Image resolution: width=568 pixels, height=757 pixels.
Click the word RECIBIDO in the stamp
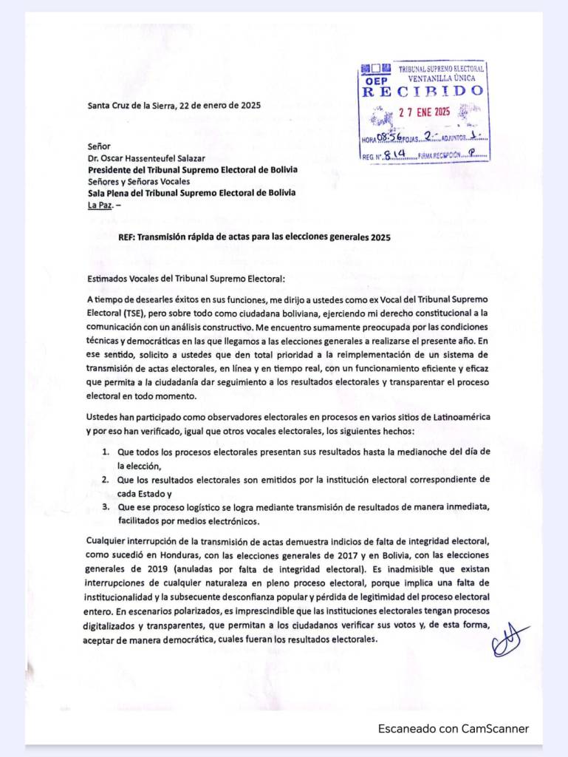423,92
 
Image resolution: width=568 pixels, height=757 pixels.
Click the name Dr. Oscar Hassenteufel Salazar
146,157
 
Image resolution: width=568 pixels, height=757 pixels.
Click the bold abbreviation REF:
129,237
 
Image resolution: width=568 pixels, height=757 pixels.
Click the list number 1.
106,451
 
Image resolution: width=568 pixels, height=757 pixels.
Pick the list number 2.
106,479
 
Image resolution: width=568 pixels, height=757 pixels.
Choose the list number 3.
106,506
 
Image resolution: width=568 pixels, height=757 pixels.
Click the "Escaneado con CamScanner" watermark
454,728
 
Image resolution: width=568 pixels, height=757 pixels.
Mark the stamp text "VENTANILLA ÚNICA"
442,78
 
